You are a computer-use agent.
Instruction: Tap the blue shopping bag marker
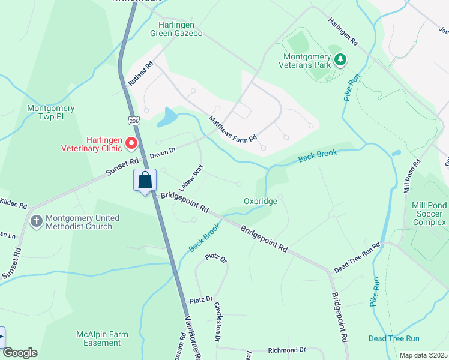(145, 180)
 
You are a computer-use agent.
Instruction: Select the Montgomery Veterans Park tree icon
(340, 59)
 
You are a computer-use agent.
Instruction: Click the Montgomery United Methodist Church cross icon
(36, 222)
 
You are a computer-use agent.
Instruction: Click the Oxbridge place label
(261, 202)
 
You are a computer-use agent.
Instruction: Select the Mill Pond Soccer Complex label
(429, 214)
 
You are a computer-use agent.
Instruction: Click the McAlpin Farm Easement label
(98, 338)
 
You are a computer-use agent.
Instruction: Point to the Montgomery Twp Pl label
(51, 113)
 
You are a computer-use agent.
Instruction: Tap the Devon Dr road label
(162, 153)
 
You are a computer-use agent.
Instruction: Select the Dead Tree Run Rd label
(357, 259)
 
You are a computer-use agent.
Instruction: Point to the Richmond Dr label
(287, 350)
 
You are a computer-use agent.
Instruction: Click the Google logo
(20, 353)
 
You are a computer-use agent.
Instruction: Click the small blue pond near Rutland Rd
(167, 118)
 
